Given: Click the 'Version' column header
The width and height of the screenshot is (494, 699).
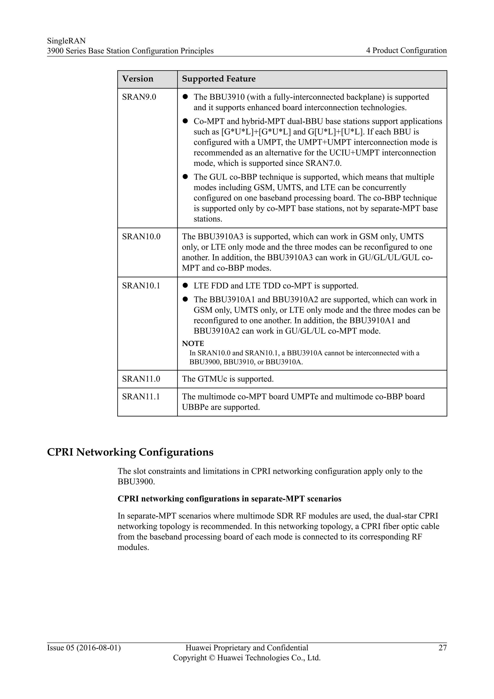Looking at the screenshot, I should [x=137, y=79].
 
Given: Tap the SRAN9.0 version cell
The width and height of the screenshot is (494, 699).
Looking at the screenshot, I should [x=139, y=97].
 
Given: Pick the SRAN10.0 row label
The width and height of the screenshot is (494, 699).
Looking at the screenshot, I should [x=141, y=237].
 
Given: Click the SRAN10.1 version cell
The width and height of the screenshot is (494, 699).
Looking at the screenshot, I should [x=141, y=286].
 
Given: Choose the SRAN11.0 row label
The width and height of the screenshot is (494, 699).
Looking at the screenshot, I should [x=141, y=379].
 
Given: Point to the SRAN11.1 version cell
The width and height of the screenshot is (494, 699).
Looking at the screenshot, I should [x=141, y=397].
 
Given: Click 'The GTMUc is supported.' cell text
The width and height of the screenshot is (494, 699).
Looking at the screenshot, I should [x=227, y=379].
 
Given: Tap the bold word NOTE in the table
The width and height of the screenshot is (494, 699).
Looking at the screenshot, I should [x=193, y=343].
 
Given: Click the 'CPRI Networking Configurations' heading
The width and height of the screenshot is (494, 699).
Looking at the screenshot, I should [x=130, y=452].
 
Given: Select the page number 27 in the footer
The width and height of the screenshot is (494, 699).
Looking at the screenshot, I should [x=442, y=648].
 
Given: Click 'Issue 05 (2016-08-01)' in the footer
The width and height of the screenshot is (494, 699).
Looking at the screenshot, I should [x=84, y=648].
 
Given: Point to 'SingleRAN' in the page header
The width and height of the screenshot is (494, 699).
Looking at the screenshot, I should [x=66, y=41].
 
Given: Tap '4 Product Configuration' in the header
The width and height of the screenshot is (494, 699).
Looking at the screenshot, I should [x=406, y=50].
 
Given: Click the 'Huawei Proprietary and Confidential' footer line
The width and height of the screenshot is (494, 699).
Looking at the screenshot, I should [x=247, y=648].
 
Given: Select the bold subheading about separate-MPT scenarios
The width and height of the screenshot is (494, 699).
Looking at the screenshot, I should [x=229, y=499].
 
